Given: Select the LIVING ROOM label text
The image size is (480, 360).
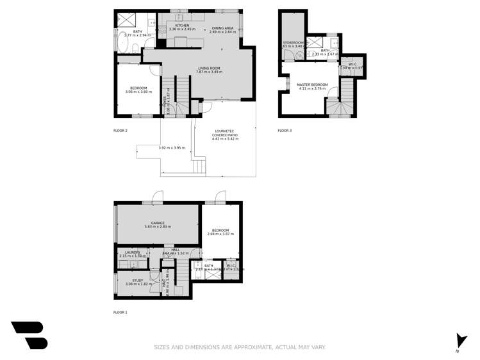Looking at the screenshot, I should click(x=209, y=69).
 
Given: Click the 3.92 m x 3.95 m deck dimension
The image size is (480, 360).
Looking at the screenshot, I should click(x=171, y=148).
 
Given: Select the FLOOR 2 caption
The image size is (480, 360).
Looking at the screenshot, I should click(x=120, y=131).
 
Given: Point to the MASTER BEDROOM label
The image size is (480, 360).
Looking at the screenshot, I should click(x=312, y=85).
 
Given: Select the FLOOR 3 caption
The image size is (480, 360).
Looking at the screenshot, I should click(x=285, y=131).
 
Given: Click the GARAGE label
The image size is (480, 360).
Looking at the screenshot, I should click(x=158, y=223).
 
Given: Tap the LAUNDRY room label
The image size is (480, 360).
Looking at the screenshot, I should click(x=132, y=252).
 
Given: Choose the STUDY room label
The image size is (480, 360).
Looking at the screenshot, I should click(x=138, y=280).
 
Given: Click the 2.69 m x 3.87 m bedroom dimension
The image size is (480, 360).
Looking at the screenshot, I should click(x=220, y=234).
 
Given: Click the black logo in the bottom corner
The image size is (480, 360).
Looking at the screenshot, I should click(x=29, y=335).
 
